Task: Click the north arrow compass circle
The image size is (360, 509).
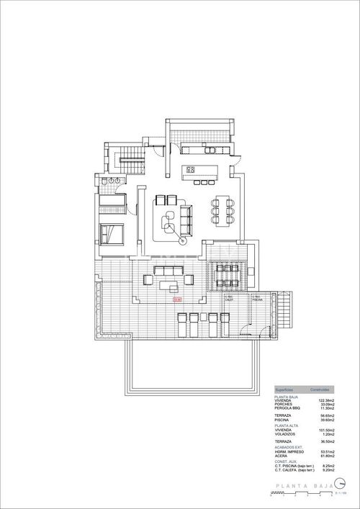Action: pyautogui.click(x=340, y=485)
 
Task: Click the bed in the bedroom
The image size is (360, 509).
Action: pyautogui.click(x=113, y=233)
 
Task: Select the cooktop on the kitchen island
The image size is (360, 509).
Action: pyautogui.click(x=192, y=170)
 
